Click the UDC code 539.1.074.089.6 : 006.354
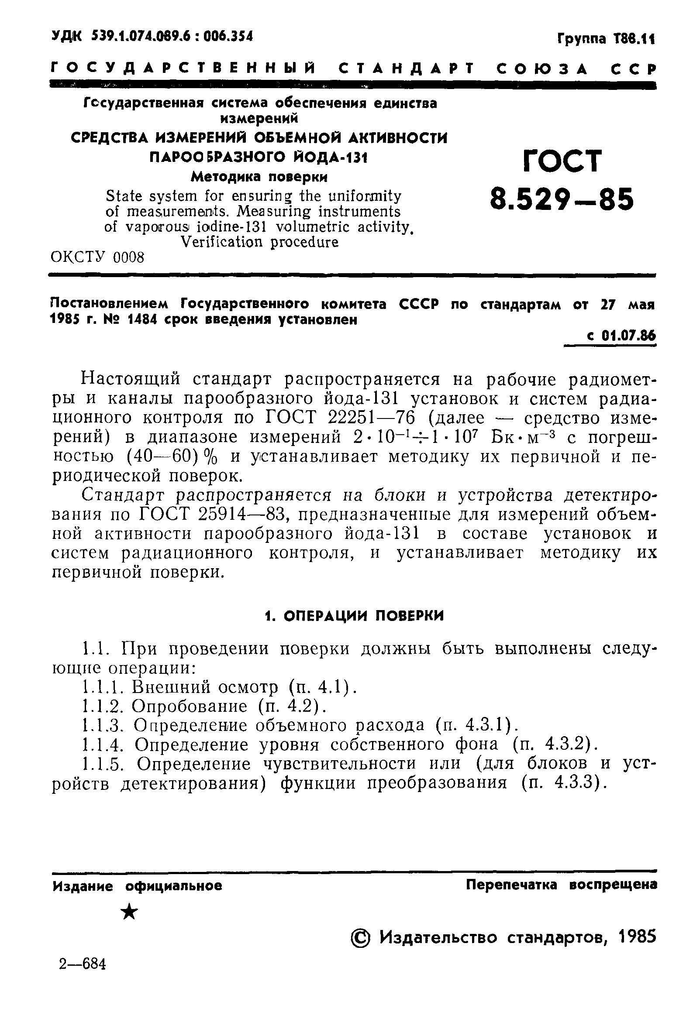coord(172,36)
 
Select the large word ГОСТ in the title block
coord(562,161)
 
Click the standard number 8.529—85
coord(562,199)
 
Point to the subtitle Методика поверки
coord(259,177)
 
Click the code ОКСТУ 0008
coord(98,257)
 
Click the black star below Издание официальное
coord(130,912)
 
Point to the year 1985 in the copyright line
coord(638,937)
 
